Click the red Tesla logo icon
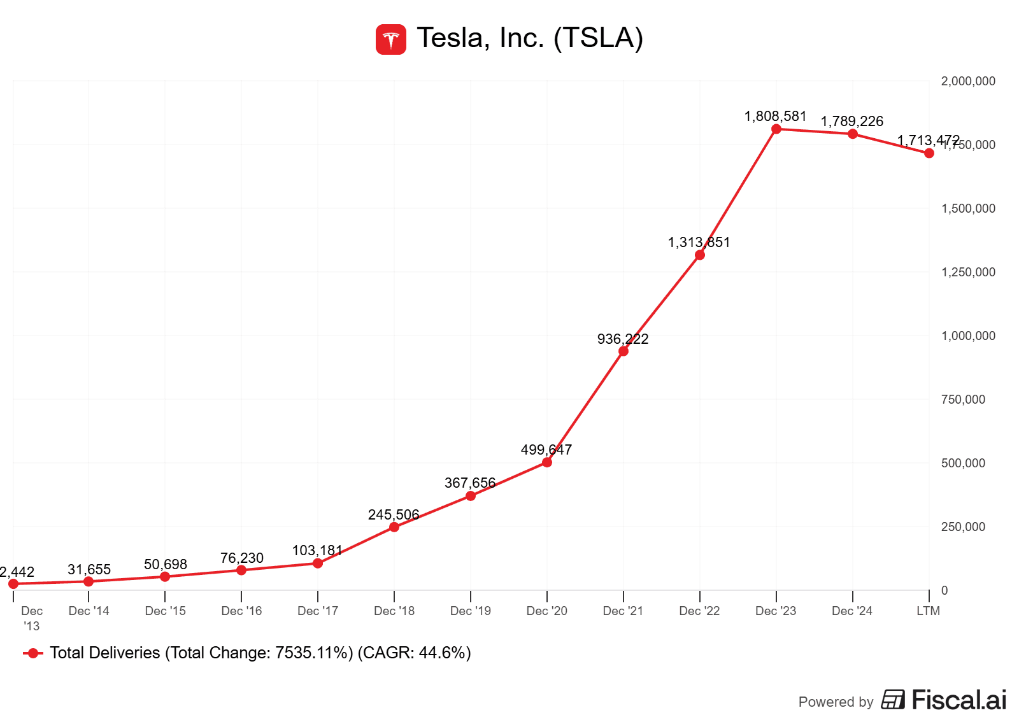(390, 39)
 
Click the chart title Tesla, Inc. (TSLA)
(530, 38)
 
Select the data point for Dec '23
(776, 129)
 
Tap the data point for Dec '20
(547, 462)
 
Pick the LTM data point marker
(929, 153)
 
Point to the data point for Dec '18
(394, 527)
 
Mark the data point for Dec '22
(700, 255)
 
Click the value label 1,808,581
(775, 117)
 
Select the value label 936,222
(622, 339)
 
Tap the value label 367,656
(469, 483)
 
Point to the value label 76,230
(241, 558)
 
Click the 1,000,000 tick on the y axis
(968, 336)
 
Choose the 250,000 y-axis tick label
(963, 527)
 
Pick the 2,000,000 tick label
(968, 81)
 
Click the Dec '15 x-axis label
(165, 611)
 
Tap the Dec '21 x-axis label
(623, 611)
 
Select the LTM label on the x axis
(928, 611)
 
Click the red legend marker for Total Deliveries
(33, 653)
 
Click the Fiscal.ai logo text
(958, 700)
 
